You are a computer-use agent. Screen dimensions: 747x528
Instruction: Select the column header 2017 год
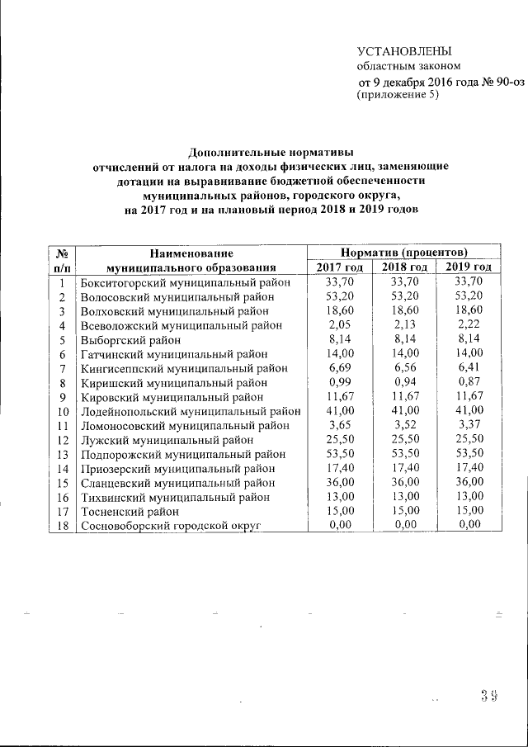click(x=339, y=267)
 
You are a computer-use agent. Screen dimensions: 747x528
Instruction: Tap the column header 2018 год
click(x=403, y=267)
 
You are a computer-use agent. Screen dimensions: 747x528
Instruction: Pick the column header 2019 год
click(x=467, y=267)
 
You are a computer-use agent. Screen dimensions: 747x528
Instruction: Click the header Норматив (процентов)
click(x=404, y=252)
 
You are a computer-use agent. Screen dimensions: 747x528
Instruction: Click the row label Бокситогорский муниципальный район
click(x=186, y=281)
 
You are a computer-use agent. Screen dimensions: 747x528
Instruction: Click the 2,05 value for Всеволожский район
click(x=339, y=325)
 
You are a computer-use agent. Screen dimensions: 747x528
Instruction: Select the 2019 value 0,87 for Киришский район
click(x=467, y=382)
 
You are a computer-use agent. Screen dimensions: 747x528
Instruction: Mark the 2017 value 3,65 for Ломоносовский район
click(x=339, y=425)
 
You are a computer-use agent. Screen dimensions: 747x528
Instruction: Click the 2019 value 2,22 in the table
click(x=467, y=325)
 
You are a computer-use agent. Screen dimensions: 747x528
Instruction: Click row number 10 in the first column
click(x=61, y=411)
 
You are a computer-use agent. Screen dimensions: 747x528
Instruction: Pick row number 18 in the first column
click(x=61, y=525)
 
